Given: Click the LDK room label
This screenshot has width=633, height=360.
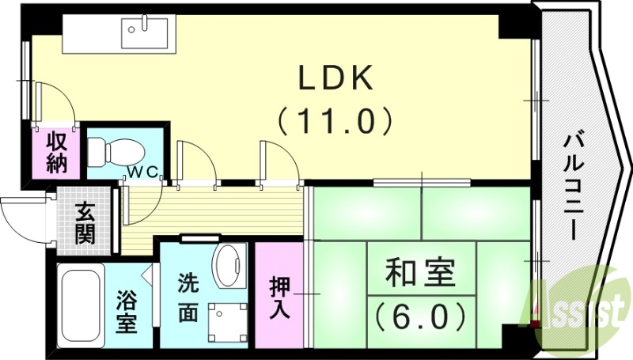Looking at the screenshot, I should click(x=335, y=79).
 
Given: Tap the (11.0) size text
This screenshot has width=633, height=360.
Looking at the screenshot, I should click(x=335, y=120).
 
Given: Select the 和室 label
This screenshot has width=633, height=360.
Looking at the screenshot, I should click(x=419, y=275).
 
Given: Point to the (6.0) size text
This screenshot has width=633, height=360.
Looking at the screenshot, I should click(x=419, y=316).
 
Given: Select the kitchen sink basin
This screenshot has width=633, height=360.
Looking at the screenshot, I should click(x=147, y=33).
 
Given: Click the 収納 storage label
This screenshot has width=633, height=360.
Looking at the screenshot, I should click(x=57, y=153).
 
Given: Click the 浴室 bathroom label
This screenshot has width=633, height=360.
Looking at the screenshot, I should click(x=127, y=311).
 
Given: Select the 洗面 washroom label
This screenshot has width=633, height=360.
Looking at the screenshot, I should click(x=188, y=298).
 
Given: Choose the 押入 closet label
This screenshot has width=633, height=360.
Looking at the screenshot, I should click(x=279, y=296).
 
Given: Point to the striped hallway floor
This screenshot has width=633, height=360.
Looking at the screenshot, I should click(x=214, y=207).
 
